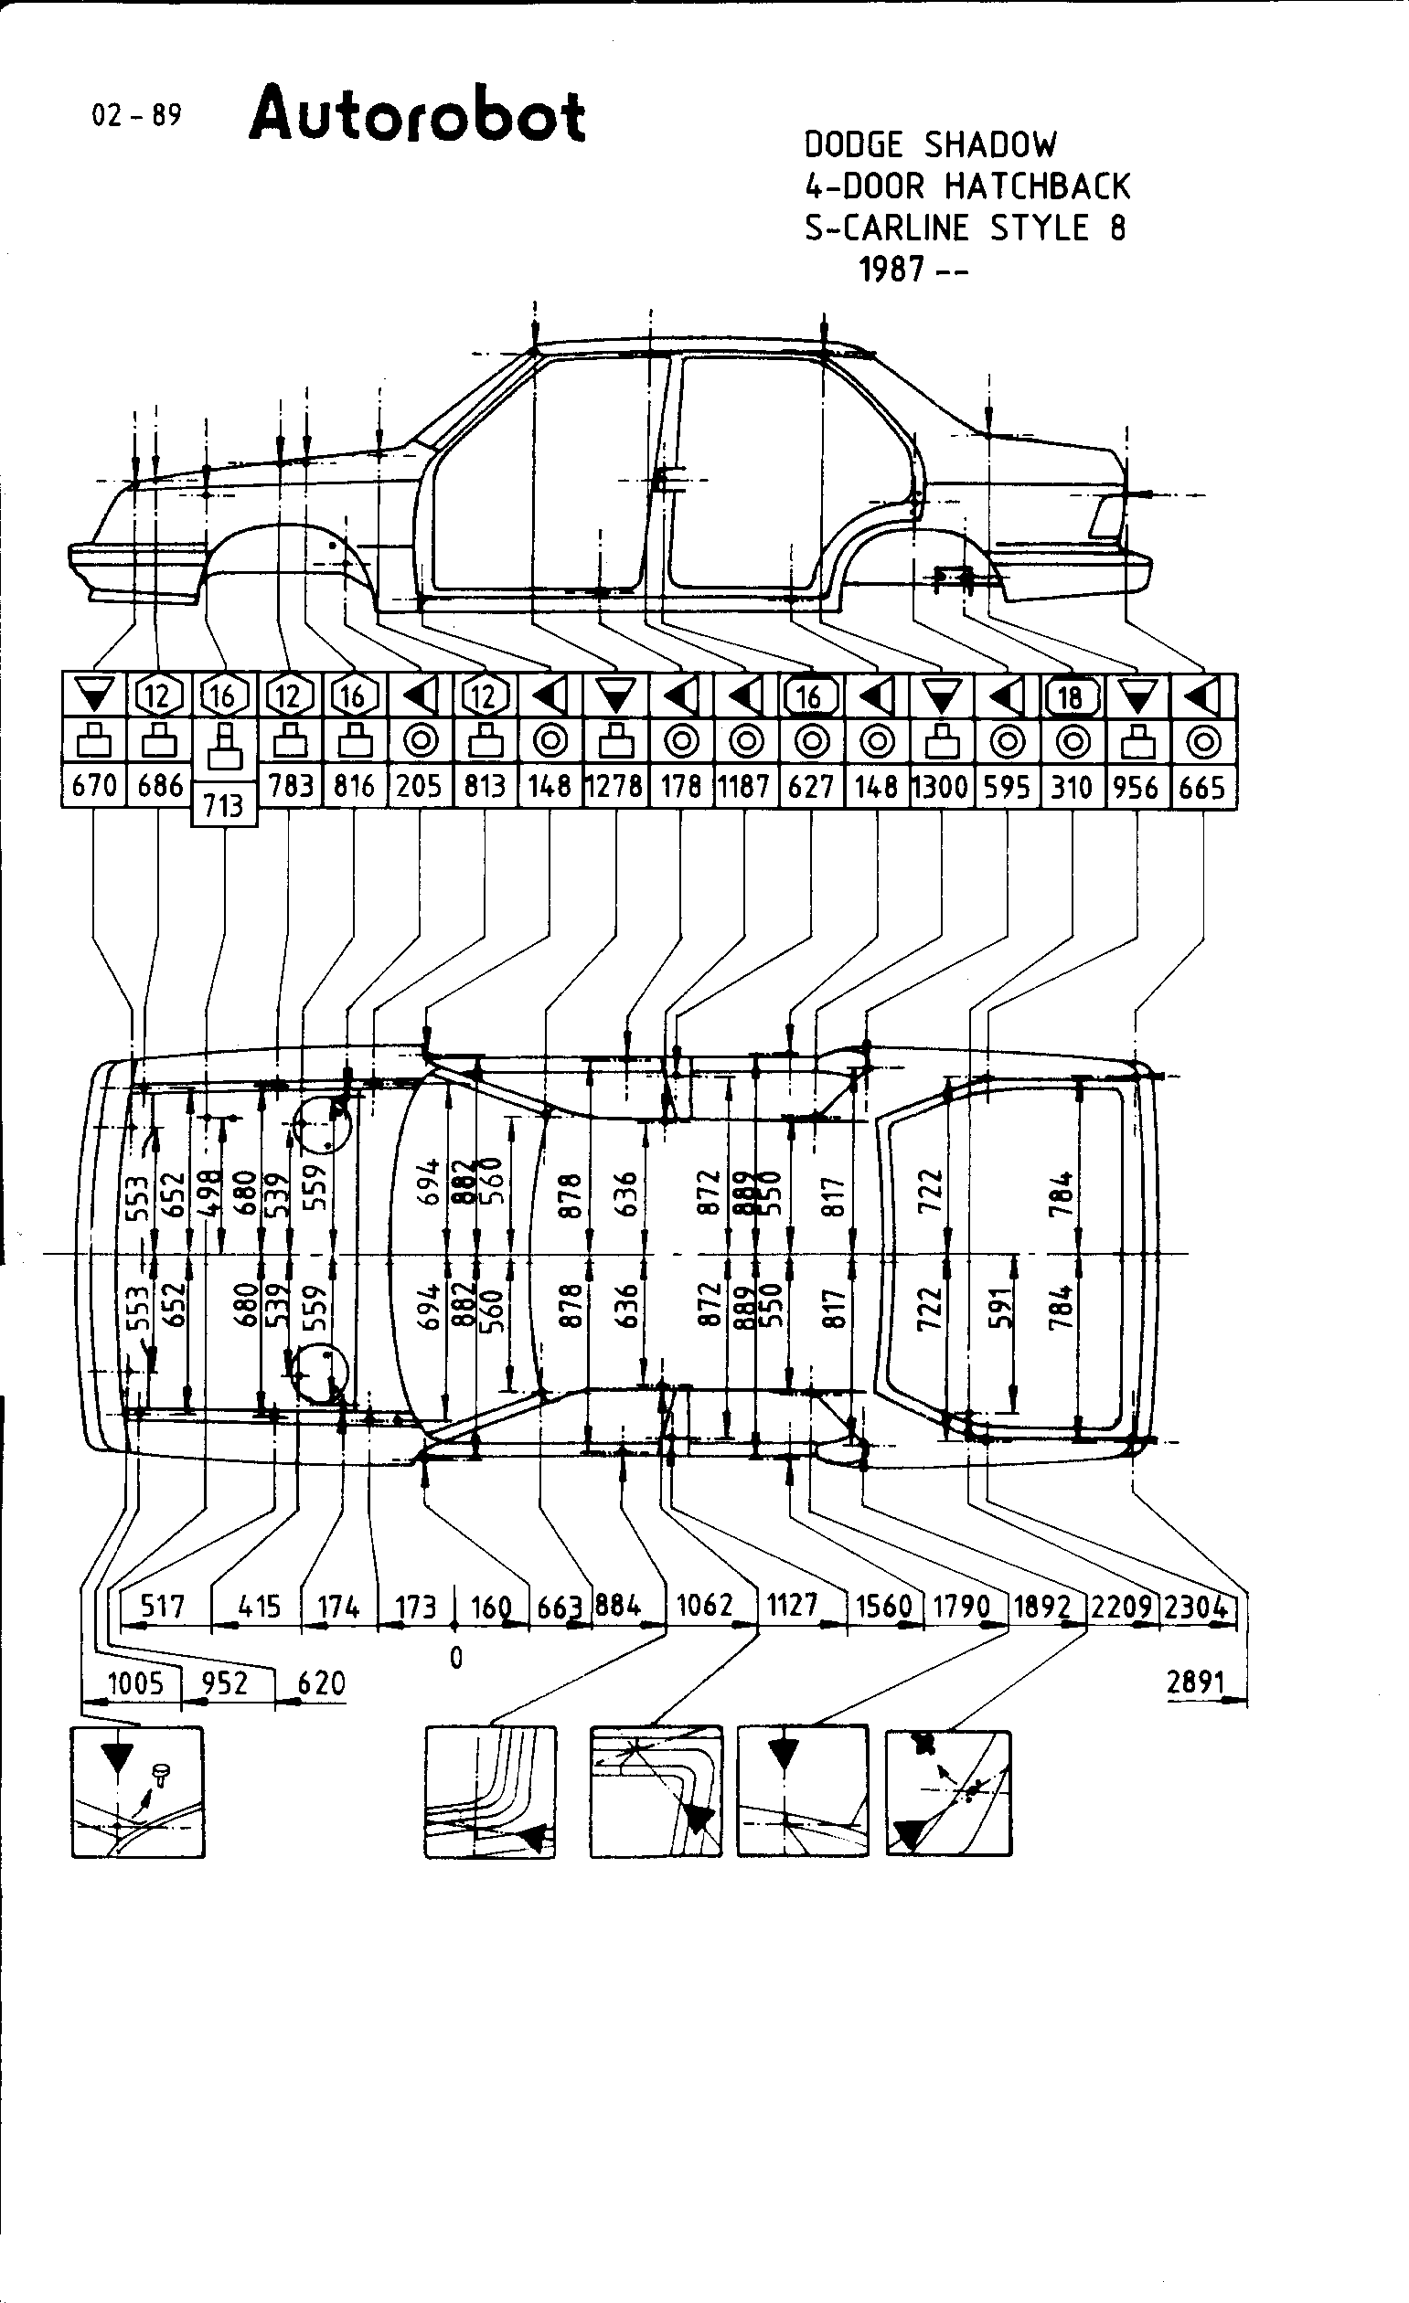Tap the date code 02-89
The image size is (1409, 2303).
(136, 115)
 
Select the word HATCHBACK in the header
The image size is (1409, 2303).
(1037, 187)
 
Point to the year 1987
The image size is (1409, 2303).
(892, 271)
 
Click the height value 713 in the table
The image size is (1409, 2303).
(223, 805)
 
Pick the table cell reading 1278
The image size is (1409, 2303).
(615, 786)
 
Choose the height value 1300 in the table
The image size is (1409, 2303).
(941, 786)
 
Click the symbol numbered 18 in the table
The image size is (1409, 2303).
(1071, 696)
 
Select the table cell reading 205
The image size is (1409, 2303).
(419, 786)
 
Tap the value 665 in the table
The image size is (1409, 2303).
(1201, 786)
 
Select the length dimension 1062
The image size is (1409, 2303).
(705, 1606)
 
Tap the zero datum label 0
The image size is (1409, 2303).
(456, 1658)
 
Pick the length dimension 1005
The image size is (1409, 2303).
(135, 1683)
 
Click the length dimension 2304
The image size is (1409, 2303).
(1196, 1607)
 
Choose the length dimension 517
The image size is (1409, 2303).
(162, 1606)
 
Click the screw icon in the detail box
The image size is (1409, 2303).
(161, 1771)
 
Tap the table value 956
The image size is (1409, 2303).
(1136, 786)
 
